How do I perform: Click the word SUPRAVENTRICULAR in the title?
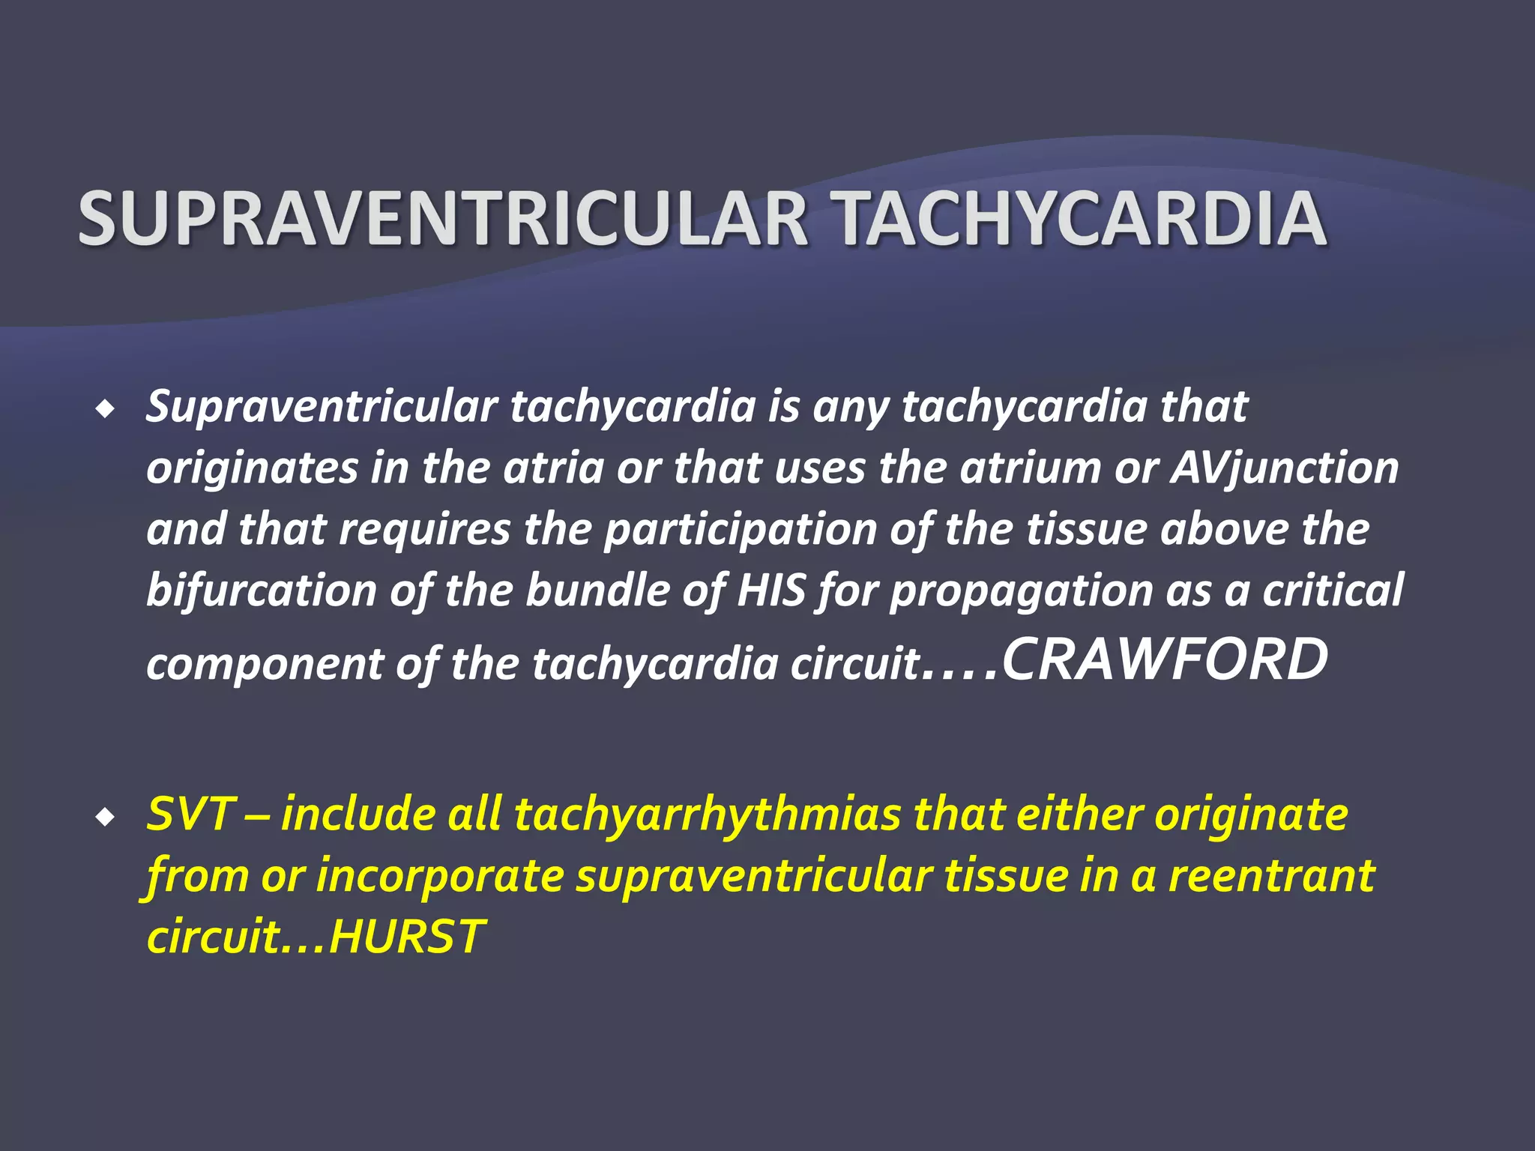tap(442, 218)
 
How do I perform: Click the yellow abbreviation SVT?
tap(191, 814)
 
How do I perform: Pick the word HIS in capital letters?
tap(771, 590)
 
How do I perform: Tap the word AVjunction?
tap(1285, 468)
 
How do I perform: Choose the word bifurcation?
tap(262, 590)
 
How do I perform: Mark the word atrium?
tap(1030, 468)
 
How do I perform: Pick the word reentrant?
tap(1272, 875)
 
